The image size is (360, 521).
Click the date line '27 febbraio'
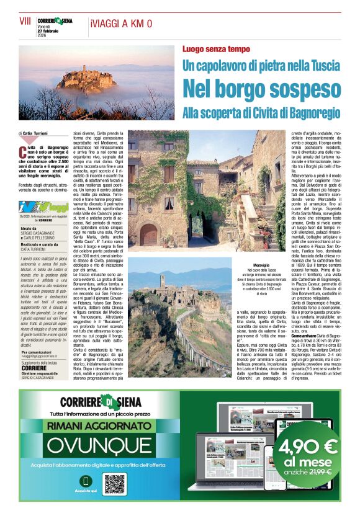[49, 30]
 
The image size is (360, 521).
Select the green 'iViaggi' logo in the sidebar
[43, 207]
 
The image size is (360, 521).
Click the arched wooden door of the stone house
[149, 235]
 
